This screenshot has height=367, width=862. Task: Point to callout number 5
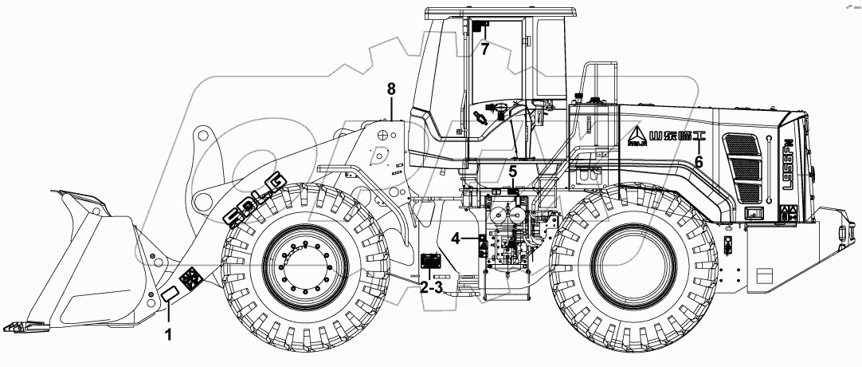(513, 172)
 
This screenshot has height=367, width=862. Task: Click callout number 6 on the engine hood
(698, 161)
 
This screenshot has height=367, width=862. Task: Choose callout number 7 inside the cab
(484, 48)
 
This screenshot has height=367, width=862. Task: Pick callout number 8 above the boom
(391, 89)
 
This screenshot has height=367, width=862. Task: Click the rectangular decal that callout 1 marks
(170, 297)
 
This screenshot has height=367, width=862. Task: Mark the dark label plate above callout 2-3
(431, 261)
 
